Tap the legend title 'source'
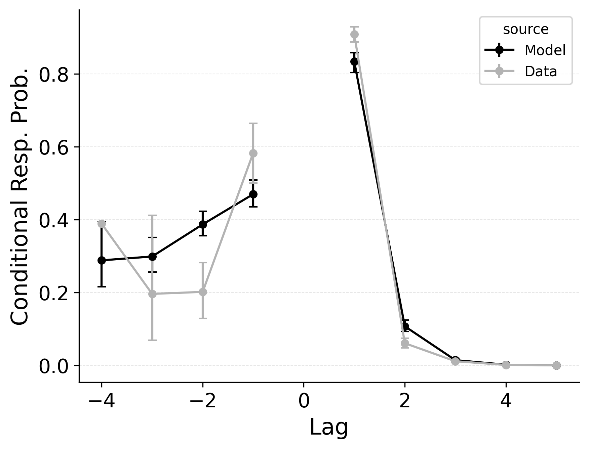[525, 30]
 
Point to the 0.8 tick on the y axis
[55, 74]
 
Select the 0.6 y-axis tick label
[55, 147]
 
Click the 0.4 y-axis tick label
[55, 220]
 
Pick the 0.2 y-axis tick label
[55, 293]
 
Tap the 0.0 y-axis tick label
[55, 366]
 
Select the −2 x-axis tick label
[202, 402]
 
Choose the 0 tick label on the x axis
[304, 402]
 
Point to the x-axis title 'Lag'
[328, 428]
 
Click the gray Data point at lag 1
[354, 35]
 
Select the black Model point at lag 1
[354, 62]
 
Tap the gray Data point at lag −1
[253, 153]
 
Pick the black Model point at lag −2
[203, 224]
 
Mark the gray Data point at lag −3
[152, 294]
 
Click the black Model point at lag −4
[102, 260]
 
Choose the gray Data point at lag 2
[405, 343]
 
